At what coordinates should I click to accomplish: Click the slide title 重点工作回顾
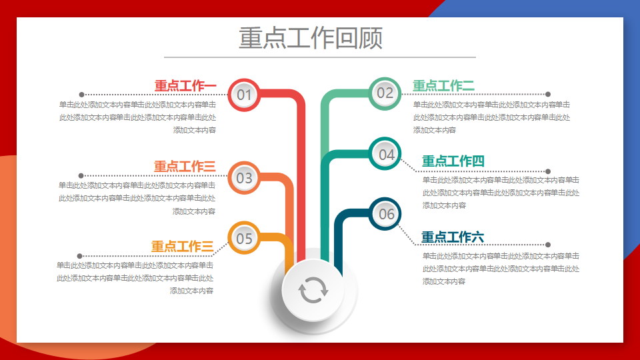click(311, 38)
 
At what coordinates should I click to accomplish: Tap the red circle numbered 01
click(244, 95)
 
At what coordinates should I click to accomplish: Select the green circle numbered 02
click(385, 93)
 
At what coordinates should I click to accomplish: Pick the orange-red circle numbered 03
click(244, 178)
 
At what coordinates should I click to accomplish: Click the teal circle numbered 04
click(385, 154)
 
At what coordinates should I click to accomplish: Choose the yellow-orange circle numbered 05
click(244, 238)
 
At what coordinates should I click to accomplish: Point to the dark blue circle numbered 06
click(385, 214)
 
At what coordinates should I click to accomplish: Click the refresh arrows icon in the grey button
click(313, 290)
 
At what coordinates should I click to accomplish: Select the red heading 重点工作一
click(185, 86)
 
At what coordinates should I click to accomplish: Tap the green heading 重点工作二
click(444, 86)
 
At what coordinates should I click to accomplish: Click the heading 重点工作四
click(453, 161)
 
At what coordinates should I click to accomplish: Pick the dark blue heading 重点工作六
click(453, 237)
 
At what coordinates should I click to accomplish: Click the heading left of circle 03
click(185, 166)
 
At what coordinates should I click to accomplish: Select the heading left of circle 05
click(183, 246)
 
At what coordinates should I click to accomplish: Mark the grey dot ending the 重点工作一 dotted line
click(81, 95)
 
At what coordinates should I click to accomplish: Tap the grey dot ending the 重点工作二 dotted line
click(548, 94)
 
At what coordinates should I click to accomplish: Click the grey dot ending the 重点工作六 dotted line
click(548, 245)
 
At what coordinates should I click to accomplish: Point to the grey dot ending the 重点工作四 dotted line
click(548, 171)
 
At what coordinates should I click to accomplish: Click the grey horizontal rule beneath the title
click(320, 57)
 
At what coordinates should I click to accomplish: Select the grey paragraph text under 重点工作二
click(491, 117)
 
